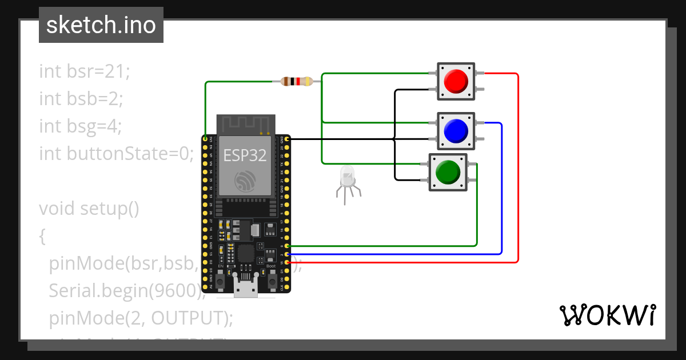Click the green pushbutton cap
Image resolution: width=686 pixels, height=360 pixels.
click(448, 172)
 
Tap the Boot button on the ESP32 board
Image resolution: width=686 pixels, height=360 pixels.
click(272, 282)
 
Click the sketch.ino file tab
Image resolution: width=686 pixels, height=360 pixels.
click(101, 25)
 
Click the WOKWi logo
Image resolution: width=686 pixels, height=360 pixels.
click(608, 315)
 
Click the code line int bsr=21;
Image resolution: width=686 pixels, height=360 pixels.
click(85, 71)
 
